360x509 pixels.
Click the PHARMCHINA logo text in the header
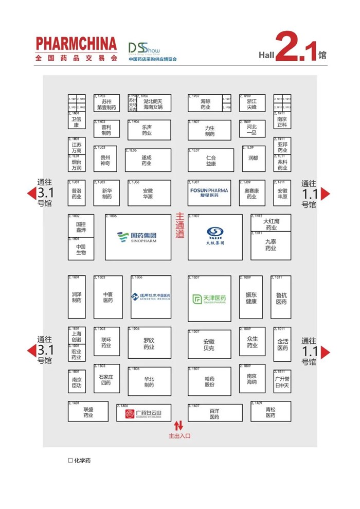point(77,43)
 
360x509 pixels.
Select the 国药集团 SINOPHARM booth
point(138,237)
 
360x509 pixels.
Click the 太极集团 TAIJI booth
point(215,237)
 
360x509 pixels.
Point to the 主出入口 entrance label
point(179,436)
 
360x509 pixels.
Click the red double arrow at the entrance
point(178,426)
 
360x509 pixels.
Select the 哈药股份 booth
point(209,381)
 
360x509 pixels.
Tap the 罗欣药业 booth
point(149,343)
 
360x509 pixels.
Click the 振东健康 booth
point(251,297)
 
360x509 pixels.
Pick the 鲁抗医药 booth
point(281,297)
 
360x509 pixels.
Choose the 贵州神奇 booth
point(106,159)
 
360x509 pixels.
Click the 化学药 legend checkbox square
point(70,461)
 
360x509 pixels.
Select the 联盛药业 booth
point(88,412)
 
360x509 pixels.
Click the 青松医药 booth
point(271,412)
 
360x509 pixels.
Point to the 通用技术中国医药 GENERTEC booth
point(151,298)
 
